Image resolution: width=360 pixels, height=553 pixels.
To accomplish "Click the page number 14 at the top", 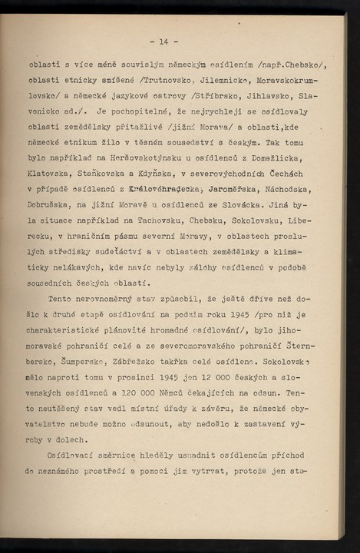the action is [x=163, y=40].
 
